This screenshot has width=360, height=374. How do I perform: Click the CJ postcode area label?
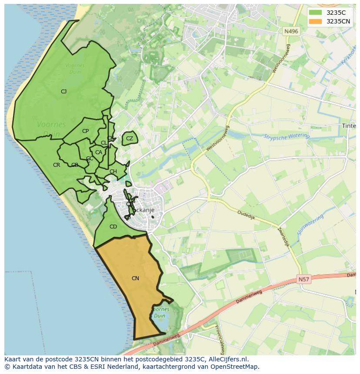click(63, 91)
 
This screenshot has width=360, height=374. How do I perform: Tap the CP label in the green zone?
click(85, 131)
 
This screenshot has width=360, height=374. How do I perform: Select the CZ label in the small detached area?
click(130, 139)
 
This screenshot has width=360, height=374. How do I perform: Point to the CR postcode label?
click(57, 165)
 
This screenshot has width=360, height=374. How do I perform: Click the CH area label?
click(113, 172)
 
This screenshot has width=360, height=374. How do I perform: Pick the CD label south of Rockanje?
click(113, 227)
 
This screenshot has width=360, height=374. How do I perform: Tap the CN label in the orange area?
click(135, 278)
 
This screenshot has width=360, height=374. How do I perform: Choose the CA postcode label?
click(99, 152)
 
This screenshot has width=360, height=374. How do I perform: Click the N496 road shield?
click(291, 31)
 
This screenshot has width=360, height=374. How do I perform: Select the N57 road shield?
click(304, 280)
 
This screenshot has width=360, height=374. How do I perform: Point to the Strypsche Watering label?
click(287, 137)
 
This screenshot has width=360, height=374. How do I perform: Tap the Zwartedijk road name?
click(283, 237)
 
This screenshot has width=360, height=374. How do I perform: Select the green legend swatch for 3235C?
click(316, 13)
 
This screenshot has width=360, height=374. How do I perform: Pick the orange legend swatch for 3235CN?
click(316, 21)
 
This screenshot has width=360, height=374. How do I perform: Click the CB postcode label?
click(75, 165)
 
